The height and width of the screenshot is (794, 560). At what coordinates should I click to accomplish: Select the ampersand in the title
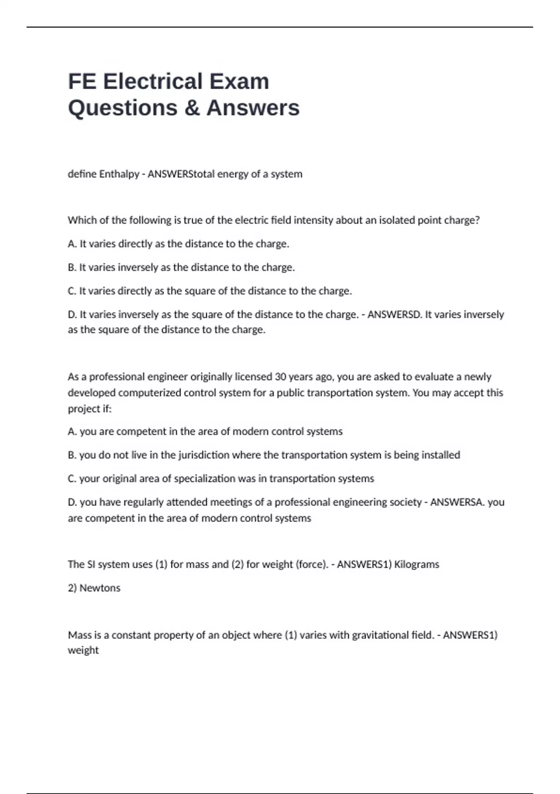192,108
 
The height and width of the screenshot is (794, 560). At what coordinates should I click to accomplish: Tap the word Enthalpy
119,174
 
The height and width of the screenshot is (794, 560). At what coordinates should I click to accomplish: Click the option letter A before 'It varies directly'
72,244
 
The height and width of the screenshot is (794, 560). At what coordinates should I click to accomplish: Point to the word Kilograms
417,564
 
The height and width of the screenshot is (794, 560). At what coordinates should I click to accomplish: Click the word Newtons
100,588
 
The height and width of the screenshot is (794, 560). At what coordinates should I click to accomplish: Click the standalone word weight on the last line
83,650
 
